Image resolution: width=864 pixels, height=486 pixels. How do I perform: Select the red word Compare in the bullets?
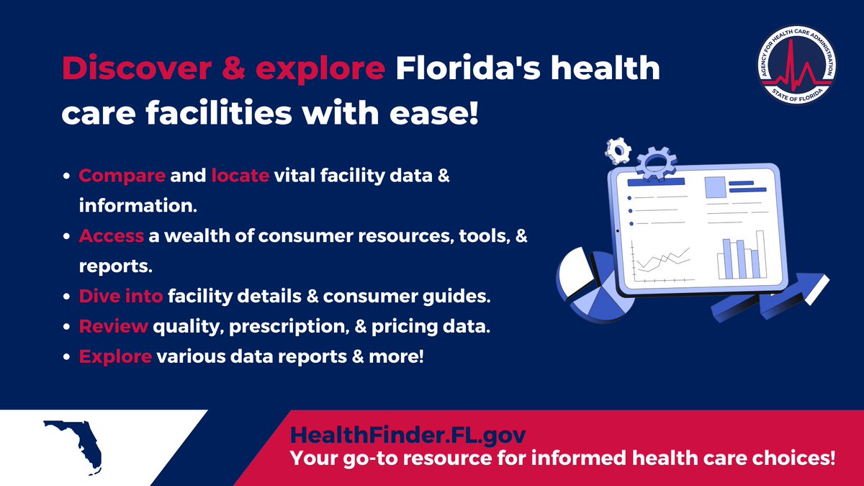(122, 176)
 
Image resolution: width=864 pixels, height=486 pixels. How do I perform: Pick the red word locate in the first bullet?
(240, 176)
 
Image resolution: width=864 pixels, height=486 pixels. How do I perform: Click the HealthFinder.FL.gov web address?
(408, 435)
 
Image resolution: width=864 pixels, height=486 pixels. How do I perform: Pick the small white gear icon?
(618, 150)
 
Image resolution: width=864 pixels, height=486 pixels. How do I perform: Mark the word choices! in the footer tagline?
(797, 459)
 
